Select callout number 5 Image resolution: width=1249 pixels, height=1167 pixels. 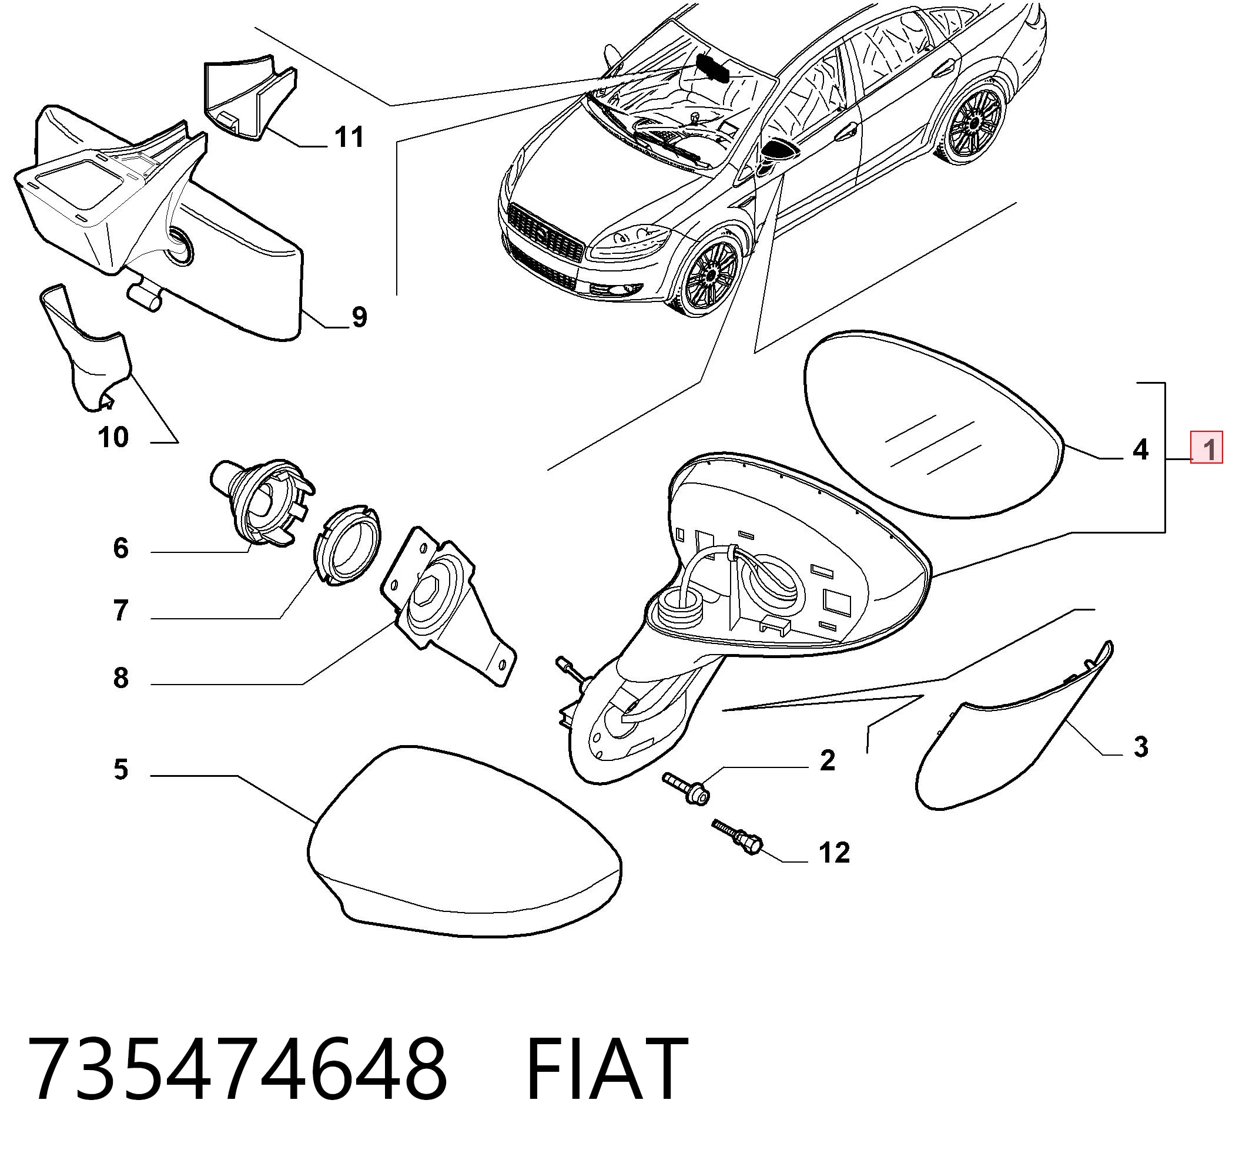click(x=121, y=769)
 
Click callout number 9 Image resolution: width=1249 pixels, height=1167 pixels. click(x=359, y=317)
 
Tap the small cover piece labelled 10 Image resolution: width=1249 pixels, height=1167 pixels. click(x=85, y=348)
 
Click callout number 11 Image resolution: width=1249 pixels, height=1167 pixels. click(x=349, y=137)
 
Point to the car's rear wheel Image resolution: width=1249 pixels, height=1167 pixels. click(x=972, y=125)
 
